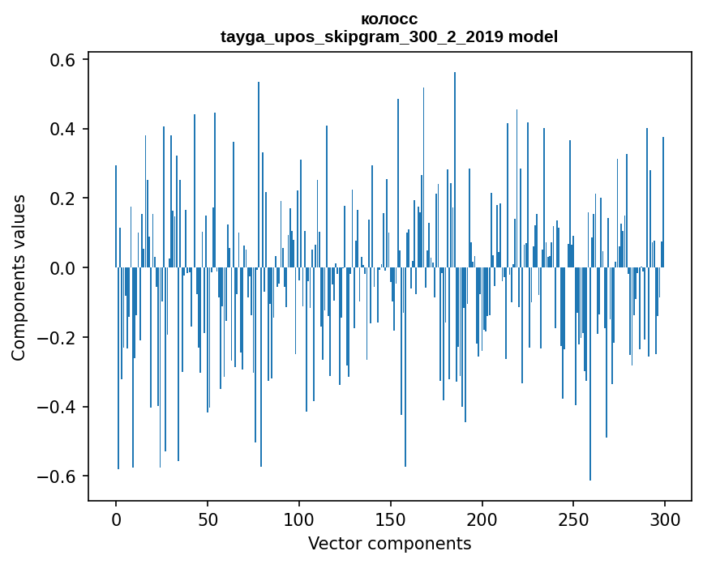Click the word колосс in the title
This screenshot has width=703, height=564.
(389, 19)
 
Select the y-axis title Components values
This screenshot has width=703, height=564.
(18, 277)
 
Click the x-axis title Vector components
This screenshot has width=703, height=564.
(389, 543)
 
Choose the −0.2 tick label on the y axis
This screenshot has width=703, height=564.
(58, 337)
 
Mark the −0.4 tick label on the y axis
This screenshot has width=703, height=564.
(58, 407)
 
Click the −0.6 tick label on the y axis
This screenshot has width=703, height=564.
(58, 476)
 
